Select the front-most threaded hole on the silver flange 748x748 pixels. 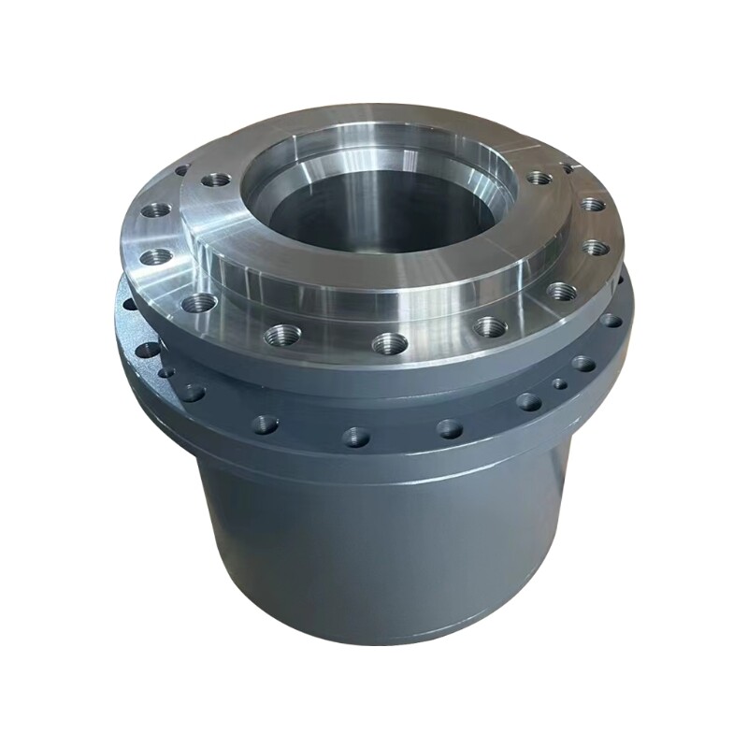(x=389, y=343)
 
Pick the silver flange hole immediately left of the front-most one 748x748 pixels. (x=280, y=334)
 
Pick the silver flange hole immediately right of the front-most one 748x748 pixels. (x=490, y=326)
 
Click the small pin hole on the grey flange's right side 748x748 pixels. (x=558, y=383)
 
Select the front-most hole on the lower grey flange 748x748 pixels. (x=356, y=436)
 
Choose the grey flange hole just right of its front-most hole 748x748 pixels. (x=450, y=428)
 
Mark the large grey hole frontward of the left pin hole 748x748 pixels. (x=193, y=393)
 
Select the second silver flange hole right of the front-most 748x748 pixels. (x=561, y=291)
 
